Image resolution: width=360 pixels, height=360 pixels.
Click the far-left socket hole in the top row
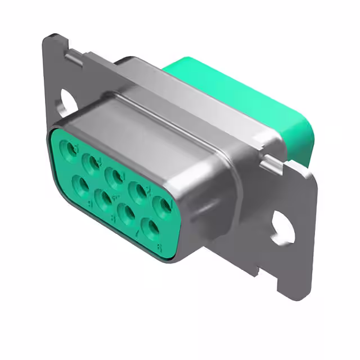(x=71, y=149)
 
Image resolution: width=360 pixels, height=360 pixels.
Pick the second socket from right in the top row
(x=139, y=191)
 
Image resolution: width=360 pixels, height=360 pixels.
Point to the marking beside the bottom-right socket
(x=160, y=247)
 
